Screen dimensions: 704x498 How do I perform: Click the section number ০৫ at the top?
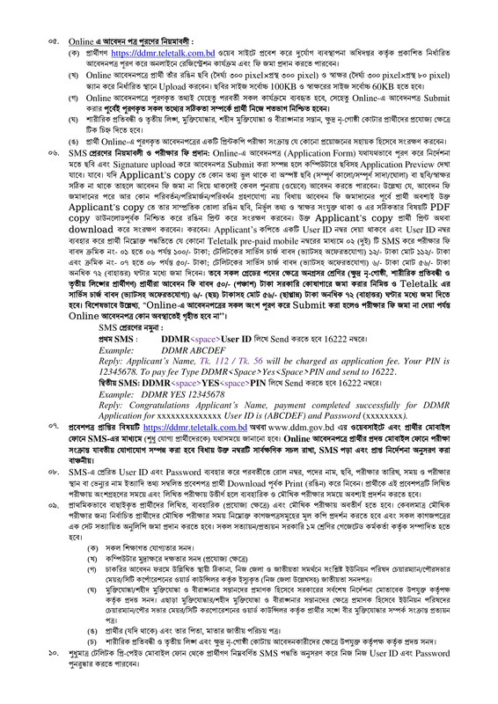pos(54,41)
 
